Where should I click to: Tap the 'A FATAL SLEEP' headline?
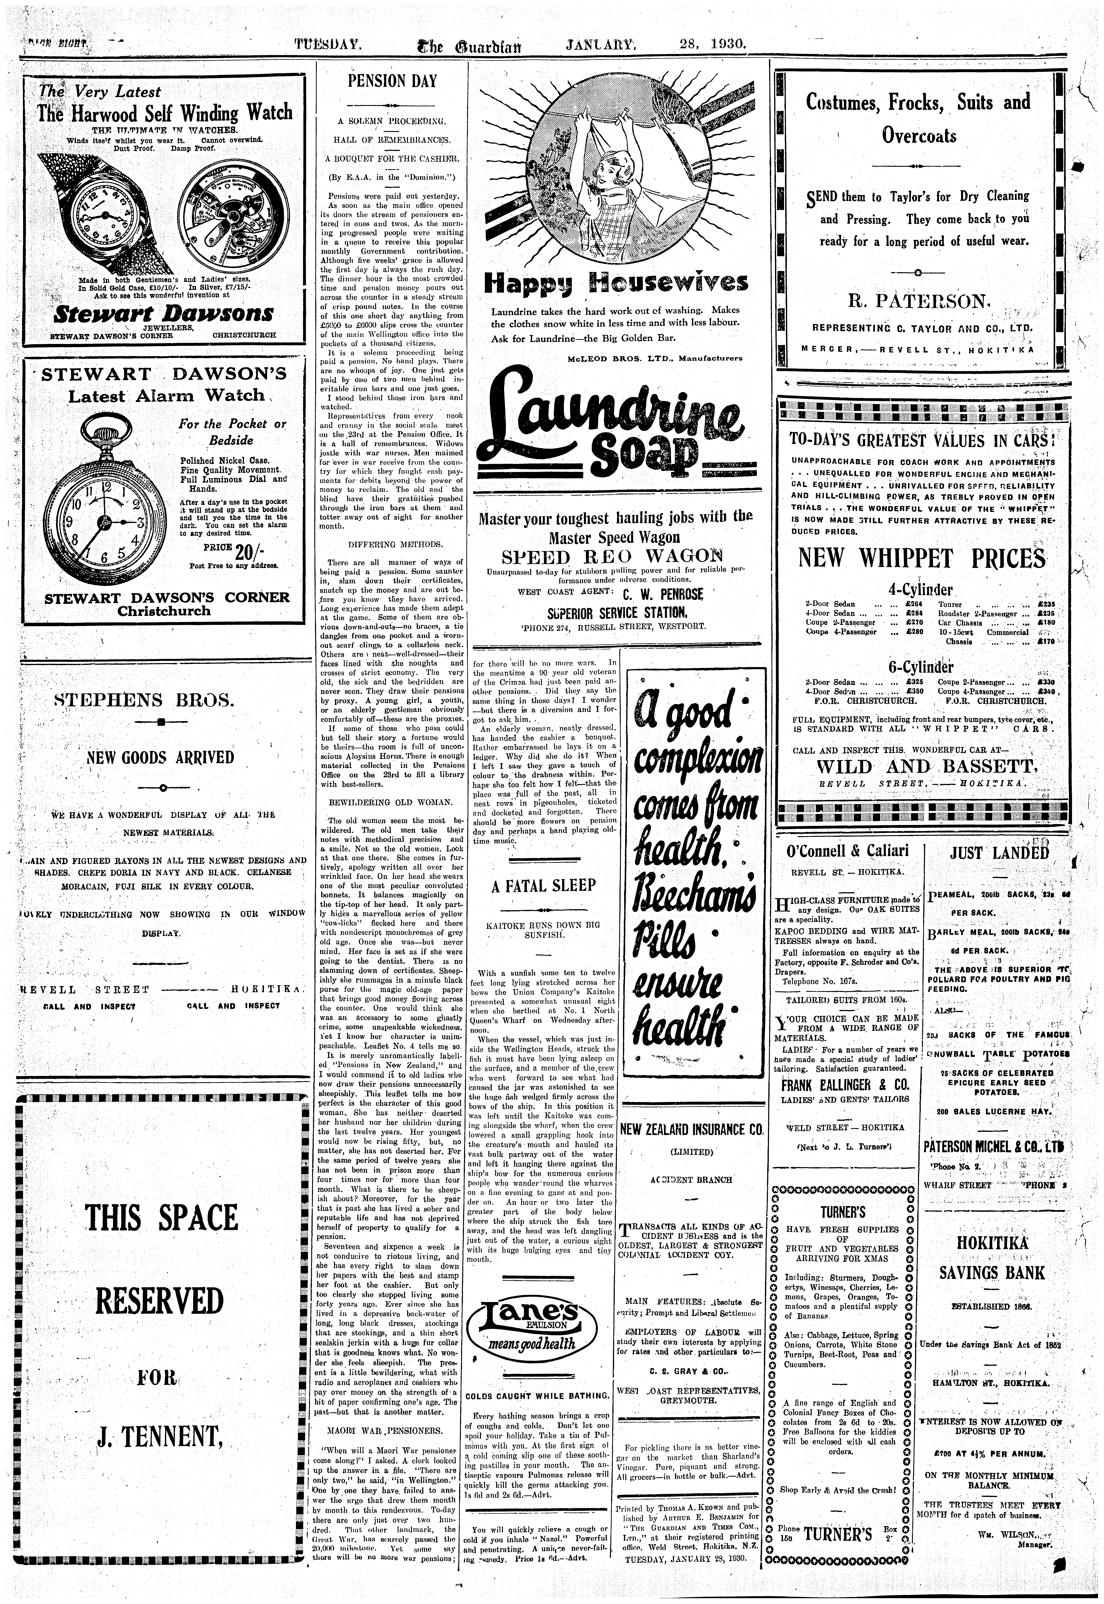pos(544,886)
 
